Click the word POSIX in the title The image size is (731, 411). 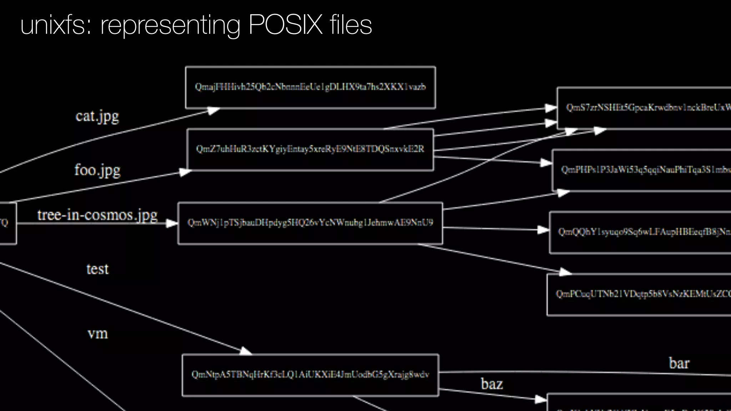(x=285, y=25)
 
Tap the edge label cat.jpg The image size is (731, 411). (x=97, y=116)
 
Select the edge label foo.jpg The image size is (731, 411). (x=97, y=170)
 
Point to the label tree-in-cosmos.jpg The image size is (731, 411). (x=97, y=215)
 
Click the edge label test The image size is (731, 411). (x=97, y=269)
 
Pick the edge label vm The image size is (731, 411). (x=97, y=334)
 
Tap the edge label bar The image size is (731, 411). (x=679, y=363)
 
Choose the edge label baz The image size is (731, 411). (x=492, y=384)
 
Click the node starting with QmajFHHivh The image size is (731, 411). (x=310, y=87)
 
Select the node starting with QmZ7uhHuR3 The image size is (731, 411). (x=310, y=149)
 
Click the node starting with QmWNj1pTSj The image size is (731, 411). (x=310, y=223)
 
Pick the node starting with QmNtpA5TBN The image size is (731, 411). (x=310, y=375)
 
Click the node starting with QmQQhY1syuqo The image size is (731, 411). (x=642, y=232)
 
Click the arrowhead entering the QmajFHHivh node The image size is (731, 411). (x=213, y=111)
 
